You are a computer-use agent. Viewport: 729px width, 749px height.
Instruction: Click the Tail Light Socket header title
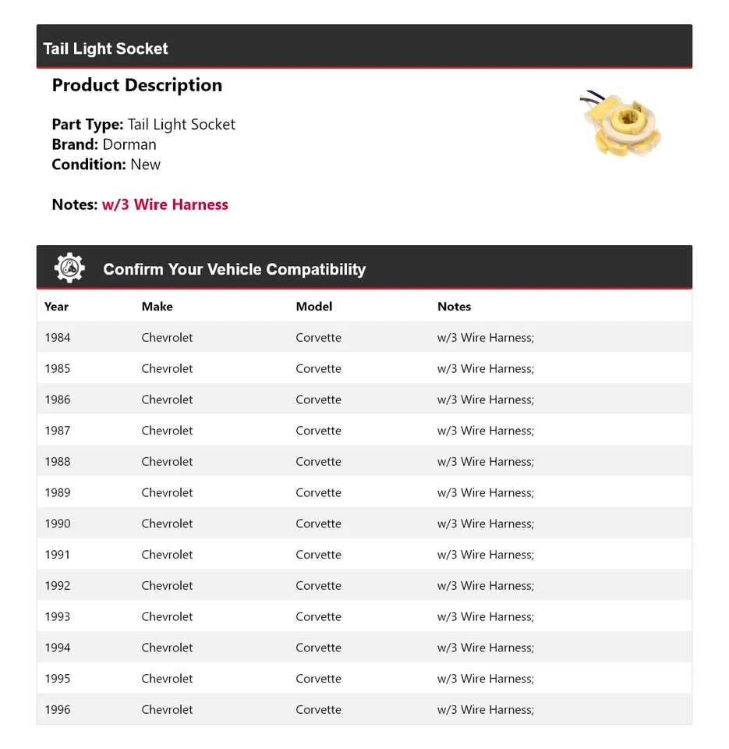(105, 48)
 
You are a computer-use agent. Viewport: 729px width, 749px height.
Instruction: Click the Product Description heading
(136, 85)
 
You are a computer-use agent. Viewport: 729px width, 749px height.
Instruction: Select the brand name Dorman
(129, 144)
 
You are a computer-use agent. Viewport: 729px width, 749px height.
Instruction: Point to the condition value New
(145, 165)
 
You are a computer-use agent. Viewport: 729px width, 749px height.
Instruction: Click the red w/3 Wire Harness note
(165, 204)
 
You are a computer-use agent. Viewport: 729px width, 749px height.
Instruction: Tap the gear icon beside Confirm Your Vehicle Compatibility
(69, 268)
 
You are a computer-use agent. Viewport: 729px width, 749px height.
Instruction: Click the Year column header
(56, 307)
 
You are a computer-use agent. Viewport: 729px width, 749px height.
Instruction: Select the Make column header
(157, 307)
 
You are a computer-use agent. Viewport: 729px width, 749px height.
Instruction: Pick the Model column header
(313, 307)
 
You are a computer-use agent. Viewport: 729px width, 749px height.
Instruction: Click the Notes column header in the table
(454, 307)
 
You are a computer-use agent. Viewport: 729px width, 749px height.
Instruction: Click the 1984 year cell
(57, 338)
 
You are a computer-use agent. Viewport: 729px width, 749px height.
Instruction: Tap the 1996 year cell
(57, 710)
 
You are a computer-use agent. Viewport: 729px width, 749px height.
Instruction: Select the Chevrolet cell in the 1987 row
(167, 431)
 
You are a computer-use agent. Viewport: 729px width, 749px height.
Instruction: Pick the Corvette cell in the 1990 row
(318, 524)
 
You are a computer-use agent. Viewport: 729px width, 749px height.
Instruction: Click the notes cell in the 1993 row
(485, 616)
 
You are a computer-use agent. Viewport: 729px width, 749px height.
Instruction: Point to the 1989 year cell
(57, 492)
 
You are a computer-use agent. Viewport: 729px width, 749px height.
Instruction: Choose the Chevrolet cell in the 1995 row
(167, 679)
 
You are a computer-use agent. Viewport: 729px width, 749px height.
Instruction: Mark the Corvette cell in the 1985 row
(318, 368)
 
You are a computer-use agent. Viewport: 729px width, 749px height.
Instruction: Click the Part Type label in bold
(87, 124)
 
